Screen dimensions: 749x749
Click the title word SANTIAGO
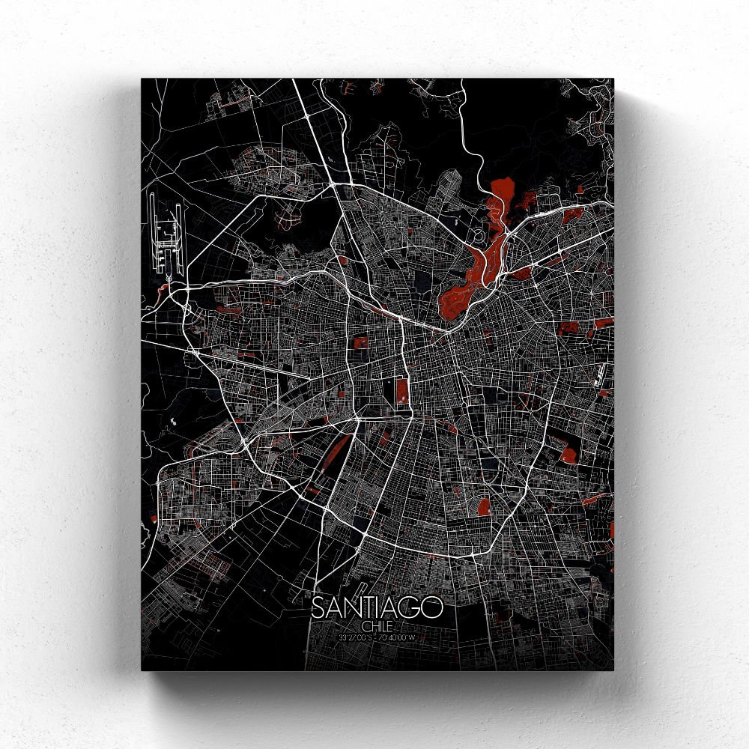coord(377,608)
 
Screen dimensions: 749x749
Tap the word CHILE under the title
coord(376,625)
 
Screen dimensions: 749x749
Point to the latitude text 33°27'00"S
coord(354,637)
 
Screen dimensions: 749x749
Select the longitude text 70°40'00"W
coord(398,637)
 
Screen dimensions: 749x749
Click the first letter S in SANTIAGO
coord(318,608)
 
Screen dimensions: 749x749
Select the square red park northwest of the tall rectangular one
coord(361,344)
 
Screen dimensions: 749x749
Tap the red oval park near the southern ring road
coord(484,506)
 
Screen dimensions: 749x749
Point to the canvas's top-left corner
coord(142,79)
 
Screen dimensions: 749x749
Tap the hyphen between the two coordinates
coord(376,637)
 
